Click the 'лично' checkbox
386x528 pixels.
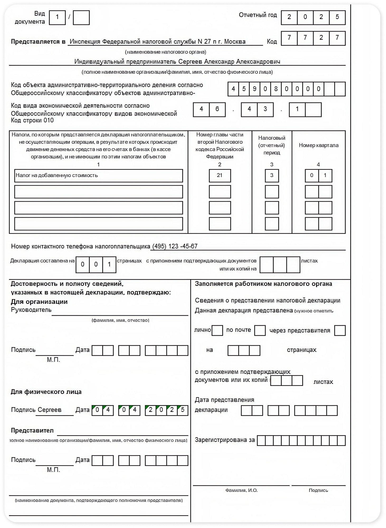[217, 330]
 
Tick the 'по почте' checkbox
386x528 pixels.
[260, 330]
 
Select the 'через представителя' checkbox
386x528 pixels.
[340, 330]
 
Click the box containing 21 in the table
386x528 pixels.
[220, 176]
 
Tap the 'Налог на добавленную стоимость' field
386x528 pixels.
[98, 176]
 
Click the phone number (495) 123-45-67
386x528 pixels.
[175, 246]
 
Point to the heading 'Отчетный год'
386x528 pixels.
[258, 15]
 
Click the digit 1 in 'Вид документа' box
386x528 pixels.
[57, 17]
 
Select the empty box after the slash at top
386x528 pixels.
[81, 17]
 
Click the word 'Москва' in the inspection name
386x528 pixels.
[235, 41]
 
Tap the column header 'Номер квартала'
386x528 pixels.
[318, 145]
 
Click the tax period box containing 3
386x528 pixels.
[272, 176]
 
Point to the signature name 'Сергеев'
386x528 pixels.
[49, 410]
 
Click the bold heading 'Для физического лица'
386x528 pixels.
[46, 392]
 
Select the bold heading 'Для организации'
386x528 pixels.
[39, 302]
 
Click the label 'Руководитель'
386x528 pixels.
[31, 310]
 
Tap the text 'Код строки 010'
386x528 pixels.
[32, 120]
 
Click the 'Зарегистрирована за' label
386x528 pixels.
[225, 440]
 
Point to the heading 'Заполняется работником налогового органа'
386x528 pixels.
[263, 284]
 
